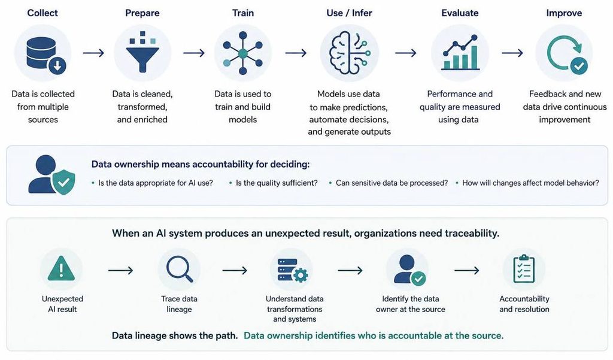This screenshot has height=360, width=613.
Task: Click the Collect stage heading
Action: pyautogui.click(x=43, y=13)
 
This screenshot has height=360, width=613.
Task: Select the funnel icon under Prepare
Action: pyautogui.click(x=142, y=52)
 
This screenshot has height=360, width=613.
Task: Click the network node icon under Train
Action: pyautogui.click(x=243, y=53)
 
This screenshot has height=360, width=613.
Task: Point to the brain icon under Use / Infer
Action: pyautogui.click(x=349, y=53)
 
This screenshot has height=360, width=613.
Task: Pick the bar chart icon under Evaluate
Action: pyautogui.click(x=460, y=53)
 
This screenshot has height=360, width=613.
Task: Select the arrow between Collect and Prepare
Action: pyautogui.click(x=93, y=53)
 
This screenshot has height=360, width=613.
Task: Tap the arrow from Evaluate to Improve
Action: pyautogui.click(x=512, y=53)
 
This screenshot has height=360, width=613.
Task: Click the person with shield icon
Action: pyautogui.click(x=51, y=174)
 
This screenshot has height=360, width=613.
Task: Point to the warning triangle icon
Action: pyautogui.click(x=62, y=268)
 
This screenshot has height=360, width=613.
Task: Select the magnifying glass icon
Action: pyautogui.click(x=180, y=268)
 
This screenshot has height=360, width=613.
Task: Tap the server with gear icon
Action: pyautogui.click(x=293, y=270)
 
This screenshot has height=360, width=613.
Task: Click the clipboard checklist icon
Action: pyautogui.click(x=524, y=269)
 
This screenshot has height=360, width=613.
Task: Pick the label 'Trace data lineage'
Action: pyautogui.click(x=179, y=304)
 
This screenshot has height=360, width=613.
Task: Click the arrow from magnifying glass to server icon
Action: pyautogui.click(x=235, y=270)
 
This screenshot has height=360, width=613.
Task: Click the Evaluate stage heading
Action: pyautogui.click(x=460, y=13)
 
